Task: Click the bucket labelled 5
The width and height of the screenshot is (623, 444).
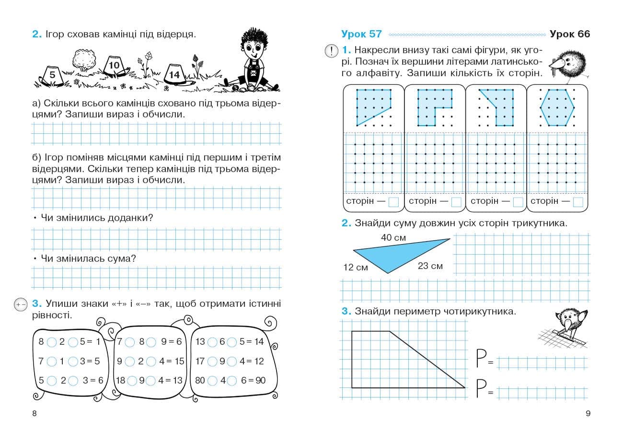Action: click(52, 75)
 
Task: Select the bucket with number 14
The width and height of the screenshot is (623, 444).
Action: click(174, 74)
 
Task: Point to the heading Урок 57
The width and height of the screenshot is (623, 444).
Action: click(361, 34)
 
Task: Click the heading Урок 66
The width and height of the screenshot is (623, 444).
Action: click(570, 34)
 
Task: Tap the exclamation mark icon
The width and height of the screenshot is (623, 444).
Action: click(331, 50)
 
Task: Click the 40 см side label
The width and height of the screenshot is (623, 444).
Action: click(393, 237)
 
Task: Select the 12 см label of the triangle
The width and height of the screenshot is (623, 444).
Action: click(356, 268)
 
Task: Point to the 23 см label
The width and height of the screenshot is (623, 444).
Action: click(430, 266)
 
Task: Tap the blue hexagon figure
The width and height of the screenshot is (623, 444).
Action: click(557, 107)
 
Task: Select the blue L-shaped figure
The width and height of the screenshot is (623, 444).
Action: click(431, 105)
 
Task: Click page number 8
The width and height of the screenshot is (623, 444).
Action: click(34, 414)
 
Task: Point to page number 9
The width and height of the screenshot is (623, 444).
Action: click(588, 414)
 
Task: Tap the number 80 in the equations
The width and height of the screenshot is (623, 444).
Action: click(200, 381)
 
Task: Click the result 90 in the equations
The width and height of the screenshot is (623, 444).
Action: click(260, 381)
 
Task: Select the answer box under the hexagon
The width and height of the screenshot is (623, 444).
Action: click(578, 202)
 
